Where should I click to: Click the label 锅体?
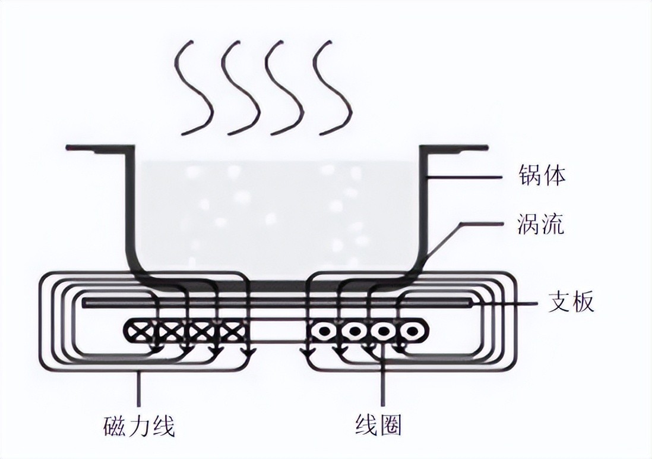[x=541, y=177]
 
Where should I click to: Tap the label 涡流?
[x=541, y=226]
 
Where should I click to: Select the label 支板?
[x=570, y=303]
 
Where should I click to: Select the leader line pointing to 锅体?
[x=469, y=177]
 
